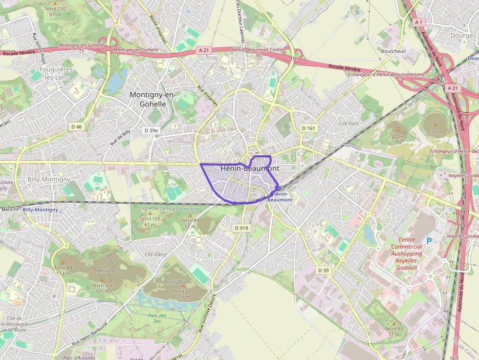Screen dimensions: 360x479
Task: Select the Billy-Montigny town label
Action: point(49,179)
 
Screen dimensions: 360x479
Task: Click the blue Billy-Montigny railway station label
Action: point(40,210)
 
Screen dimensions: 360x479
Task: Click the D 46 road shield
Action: point(77,127)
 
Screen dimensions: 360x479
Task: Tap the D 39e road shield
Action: point(152,130)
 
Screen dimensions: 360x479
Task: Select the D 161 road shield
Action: point(309,128)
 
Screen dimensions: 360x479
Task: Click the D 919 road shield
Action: point(241,228)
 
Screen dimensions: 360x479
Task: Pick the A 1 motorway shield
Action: point(418,22)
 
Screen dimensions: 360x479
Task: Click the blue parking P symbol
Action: point(430,241)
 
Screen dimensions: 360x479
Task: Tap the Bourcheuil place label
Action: point(393,51)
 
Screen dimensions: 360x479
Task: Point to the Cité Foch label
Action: point(348,124)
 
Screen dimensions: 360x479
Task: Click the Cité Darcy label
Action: point(156,254)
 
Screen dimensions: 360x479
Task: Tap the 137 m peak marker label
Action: point(435,132)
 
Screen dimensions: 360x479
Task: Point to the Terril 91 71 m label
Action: point(394,332)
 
